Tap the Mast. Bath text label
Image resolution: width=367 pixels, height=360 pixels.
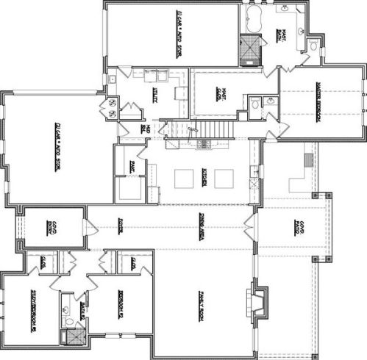[282, 35]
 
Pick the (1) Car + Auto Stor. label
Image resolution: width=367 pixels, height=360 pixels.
[179, 34]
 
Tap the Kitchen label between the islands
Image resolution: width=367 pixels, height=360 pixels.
[204, 176]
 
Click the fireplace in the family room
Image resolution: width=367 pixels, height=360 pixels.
[257, 301]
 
